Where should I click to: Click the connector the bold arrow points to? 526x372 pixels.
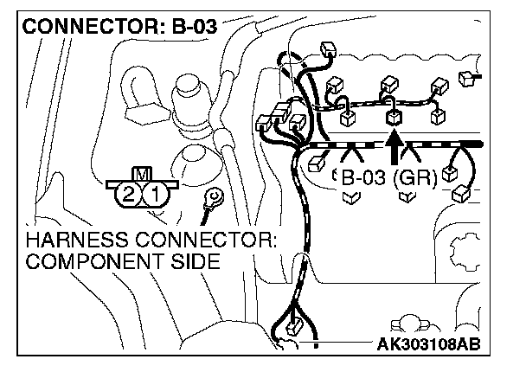(x=393, y=117)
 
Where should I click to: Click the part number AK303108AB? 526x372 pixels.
(x=427, y=346)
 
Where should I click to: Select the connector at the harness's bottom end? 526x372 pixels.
(x=293, y=330)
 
